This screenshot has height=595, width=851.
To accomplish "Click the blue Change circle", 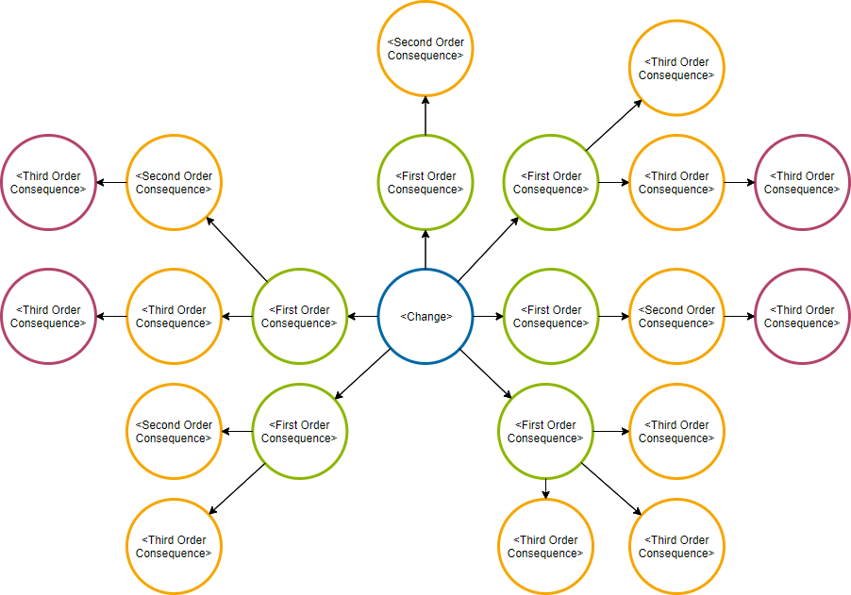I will pos(425,316).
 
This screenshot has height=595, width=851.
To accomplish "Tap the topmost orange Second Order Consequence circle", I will pos(425,49).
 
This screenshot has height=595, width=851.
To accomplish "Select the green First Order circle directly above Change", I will pos(425,182).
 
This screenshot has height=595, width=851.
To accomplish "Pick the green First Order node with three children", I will pos(545,431).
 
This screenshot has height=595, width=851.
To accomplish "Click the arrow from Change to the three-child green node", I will pos(486,375).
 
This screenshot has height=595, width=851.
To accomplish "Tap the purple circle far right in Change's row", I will pos(803,316).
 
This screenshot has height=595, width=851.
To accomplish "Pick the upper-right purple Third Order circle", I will pos(803,182).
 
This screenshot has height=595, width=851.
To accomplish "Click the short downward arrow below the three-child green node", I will pos(545,488).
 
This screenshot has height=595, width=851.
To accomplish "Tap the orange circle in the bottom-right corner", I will pos(676,546).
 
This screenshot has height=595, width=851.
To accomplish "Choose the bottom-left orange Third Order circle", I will pos(174,546).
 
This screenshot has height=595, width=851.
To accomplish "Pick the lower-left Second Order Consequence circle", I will pos(174,431).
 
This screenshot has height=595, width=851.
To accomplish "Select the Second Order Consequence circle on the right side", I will pos(676,316).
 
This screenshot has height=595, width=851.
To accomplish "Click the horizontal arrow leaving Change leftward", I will pos(362,316).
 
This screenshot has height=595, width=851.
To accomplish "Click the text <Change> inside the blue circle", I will pos(425,317).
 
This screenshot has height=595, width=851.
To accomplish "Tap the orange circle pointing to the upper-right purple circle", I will pos(676,182).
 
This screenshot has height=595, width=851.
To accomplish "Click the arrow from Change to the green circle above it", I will pos(425,249).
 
